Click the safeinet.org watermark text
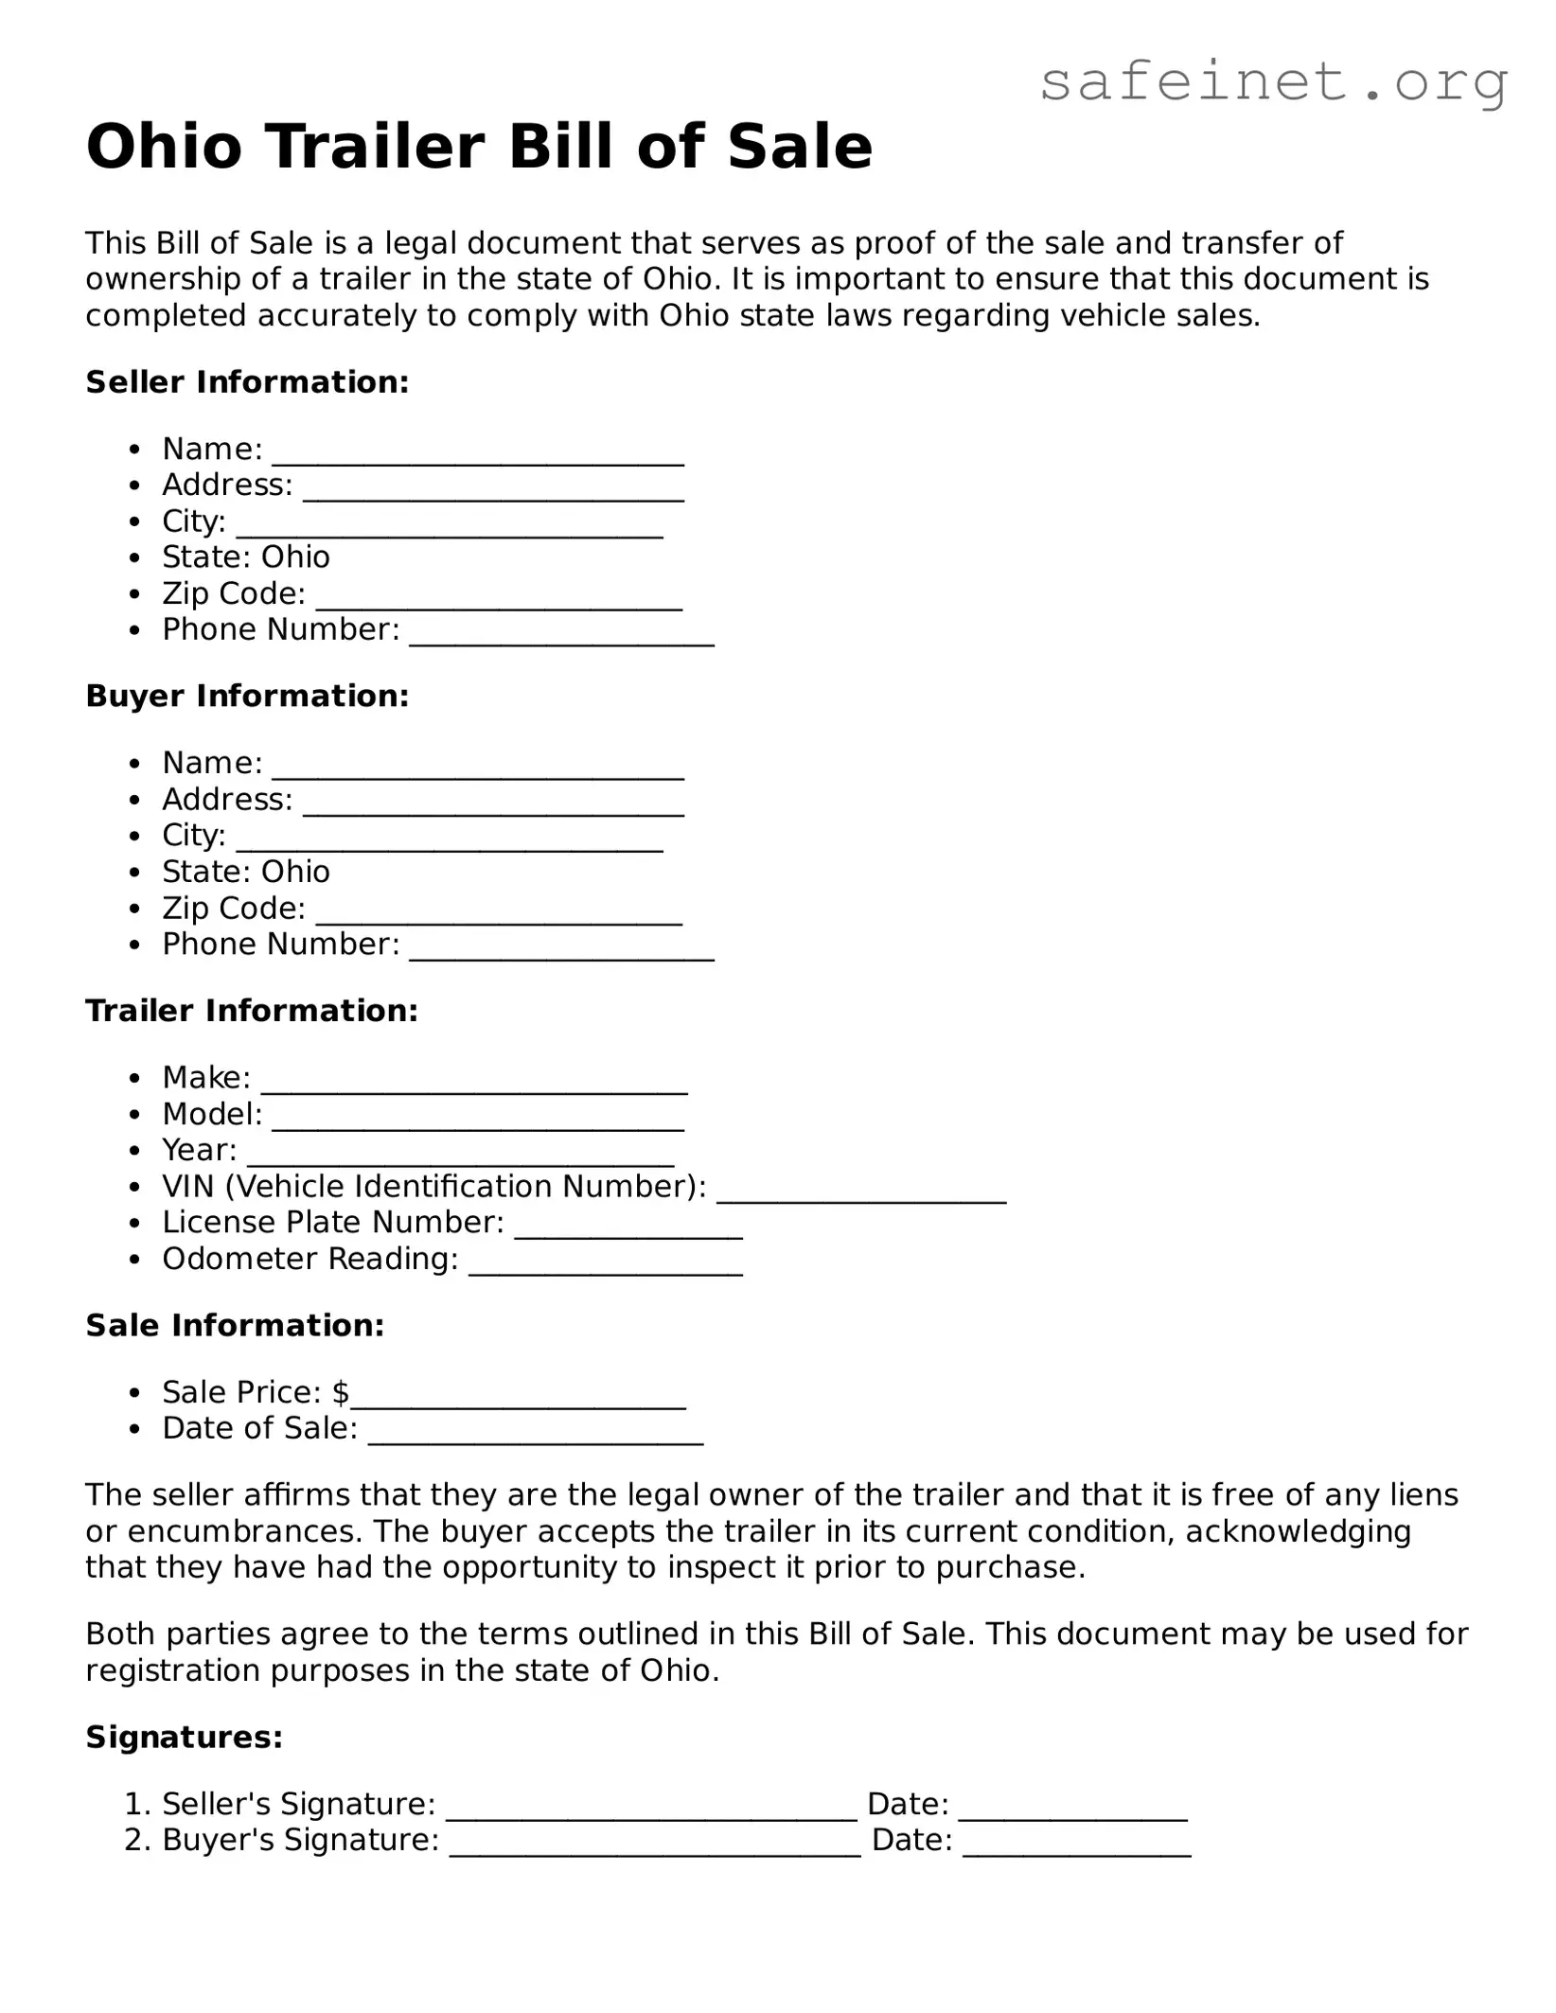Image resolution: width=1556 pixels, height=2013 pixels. tap(1273, 82)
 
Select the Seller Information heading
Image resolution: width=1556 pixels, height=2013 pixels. tap(247, 382)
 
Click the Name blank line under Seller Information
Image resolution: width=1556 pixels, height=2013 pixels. tap(478, 456)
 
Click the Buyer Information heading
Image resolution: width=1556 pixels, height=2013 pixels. tap(247, 697)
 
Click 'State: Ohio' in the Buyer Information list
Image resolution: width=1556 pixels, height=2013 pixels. tap(246, 872)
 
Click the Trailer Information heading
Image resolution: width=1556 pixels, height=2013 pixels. tap(252, 1011)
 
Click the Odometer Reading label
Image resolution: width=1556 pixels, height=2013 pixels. tap(309, 1259)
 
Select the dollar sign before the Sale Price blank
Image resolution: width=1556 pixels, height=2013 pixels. tap(341, 1392)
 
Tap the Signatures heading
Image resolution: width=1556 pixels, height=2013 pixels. tap(185, 1738)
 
